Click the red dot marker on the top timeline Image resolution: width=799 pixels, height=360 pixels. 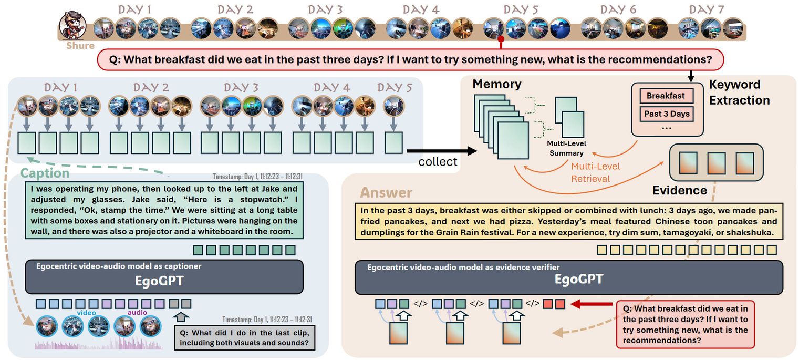[x=501, y=39]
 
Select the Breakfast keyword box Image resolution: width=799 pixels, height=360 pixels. [x=666, y=96]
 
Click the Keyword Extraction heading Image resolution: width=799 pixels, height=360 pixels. [x=739, y=92]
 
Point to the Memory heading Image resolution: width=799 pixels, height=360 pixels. [x=496, y=84]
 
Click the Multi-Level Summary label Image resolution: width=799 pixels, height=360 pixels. [x=566, y=148]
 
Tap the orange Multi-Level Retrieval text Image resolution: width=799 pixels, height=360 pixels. [x=590, y=172]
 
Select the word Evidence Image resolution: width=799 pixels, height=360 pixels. [x=679, y=190]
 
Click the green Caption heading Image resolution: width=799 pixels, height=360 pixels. [x=45, y=173]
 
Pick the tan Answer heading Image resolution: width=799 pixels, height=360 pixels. [x=386, y=193]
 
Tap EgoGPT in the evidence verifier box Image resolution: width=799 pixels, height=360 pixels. [x=578, y=279]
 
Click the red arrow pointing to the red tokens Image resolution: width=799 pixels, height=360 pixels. [x=591, y=304]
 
